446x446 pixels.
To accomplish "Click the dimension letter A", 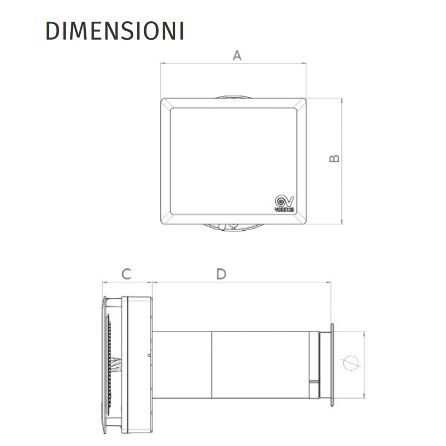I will (x=237, y=55).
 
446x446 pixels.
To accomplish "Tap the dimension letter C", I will (x=127, y=274).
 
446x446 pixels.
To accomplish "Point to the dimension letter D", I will (x=221, y=274).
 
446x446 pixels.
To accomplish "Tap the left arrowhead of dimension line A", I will (x=163, y=63).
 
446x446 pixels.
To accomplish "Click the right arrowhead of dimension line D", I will (x=329, y=282).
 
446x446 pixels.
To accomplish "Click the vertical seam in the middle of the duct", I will (x=212, y=365).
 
